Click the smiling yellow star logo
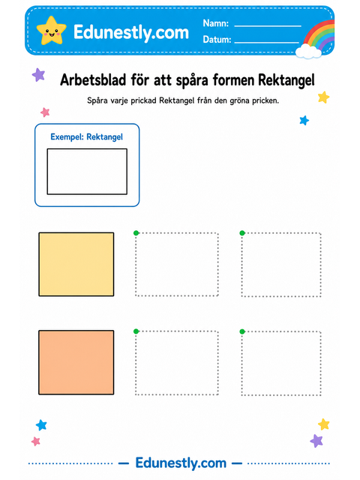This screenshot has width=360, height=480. point(51,30)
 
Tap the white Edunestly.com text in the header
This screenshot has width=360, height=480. point(131,32)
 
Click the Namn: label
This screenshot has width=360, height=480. point(216,23)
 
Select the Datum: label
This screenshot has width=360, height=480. point(217,40)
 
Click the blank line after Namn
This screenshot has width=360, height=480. point(268,26)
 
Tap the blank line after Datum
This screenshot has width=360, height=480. point(267,42)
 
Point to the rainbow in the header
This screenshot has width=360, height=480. point(319,34)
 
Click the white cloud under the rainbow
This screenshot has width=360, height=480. point(308,51)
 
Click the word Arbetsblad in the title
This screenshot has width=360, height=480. point(93,80)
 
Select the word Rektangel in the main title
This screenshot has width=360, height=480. point(286,80)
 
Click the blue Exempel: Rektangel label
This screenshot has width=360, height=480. point(87,136)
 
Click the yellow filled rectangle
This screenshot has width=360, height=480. point(76,264)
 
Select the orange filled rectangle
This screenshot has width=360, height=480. point(76,362)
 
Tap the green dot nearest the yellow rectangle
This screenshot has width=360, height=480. point(136,233)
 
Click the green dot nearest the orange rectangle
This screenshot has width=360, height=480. point(136,331)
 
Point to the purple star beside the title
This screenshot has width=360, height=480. point(39,75)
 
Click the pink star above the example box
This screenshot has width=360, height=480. point(45,112)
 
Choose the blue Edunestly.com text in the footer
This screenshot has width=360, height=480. point(181,463)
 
